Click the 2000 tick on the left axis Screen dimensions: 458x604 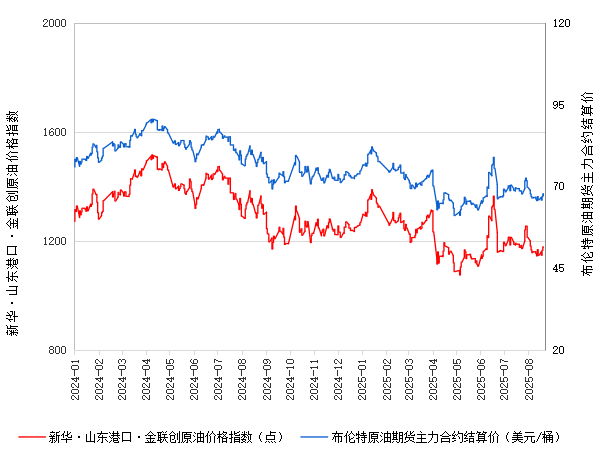click(54, 24)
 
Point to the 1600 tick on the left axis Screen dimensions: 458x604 click(54, 133)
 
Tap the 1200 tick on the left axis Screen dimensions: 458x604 click(54, 242)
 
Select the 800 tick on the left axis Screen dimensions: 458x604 click(57, 351)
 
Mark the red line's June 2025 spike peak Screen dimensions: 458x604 click(493, 196)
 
